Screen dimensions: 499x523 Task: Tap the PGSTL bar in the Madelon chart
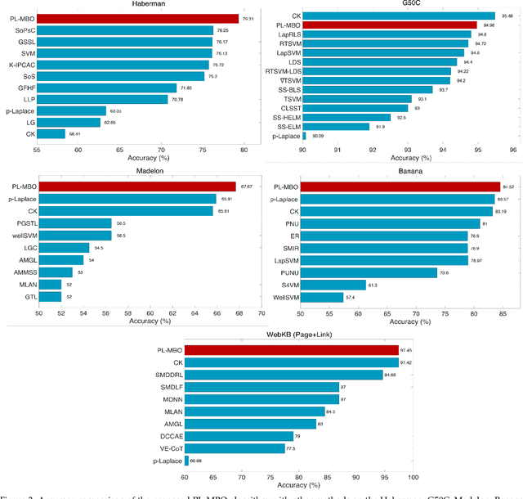(x=75, y=223)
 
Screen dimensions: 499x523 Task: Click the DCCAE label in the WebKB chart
(x=170, y=436)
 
